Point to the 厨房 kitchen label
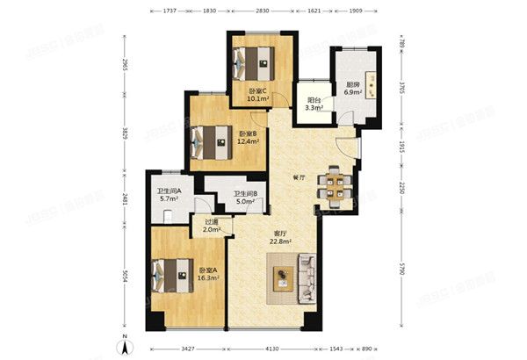click(x=352, y=85)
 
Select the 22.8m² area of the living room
click(x=281, y=241)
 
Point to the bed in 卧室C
click(x=252, y=62)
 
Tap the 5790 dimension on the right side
click(x=401, y=270)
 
